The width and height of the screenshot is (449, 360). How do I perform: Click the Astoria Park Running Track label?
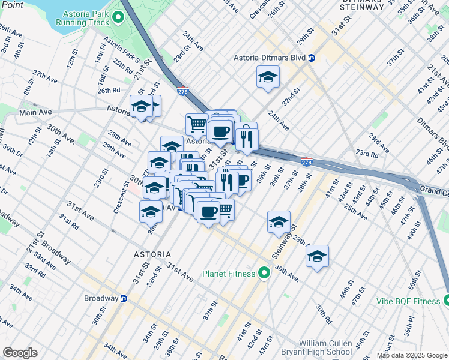point(82,17)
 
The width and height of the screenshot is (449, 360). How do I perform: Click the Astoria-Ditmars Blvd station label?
point(270,58)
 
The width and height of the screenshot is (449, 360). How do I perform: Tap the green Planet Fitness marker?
point(264,274)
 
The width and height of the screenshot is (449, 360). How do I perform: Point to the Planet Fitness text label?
point(229,274)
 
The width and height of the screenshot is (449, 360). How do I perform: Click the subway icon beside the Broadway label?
point(124,298)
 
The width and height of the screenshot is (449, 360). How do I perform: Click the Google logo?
point(20,353)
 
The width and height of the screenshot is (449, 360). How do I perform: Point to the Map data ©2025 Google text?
point(412,355)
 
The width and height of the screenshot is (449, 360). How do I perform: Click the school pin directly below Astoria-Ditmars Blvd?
point(268,77)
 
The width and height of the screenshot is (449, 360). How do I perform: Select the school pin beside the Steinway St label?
point(279,222)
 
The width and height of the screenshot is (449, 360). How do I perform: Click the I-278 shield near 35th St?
point(306,162)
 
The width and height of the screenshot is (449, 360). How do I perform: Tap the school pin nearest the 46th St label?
point(317,257)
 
